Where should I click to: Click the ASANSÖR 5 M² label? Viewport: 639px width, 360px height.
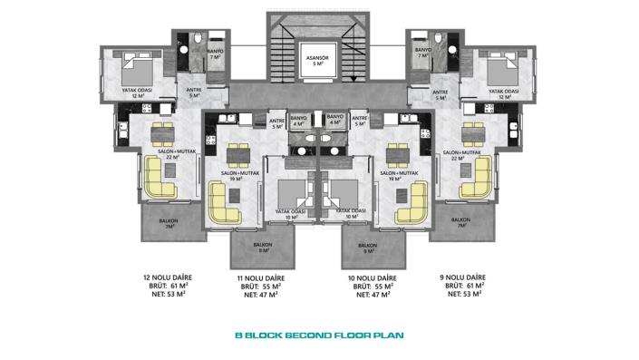pyautogui.click(x=318, y=60)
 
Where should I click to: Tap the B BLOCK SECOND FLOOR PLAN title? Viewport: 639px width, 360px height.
pyautogui.click(x=318, y=335)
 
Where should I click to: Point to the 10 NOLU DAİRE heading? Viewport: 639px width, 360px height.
pyautogui.click(x=373, y=277)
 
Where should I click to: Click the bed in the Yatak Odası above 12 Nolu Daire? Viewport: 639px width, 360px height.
pyautogui.click(x=135, y=71)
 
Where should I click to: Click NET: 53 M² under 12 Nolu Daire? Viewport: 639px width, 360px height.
pyautogui.click(x=167, y=294)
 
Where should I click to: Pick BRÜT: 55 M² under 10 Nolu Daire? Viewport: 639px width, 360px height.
pyautogui.click(x=373, y=286)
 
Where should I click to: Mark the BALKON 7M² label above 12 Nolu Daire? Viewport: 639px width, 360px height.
pyautogui.click(x=169, y=224)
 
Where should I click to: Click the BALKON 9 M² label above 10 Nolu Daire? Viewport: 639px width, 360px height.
pyautogui.click(x=367, y=248)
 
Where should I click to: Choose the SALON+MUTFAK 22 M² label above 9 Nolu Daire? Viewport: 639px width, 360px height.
pyautogui.click(x=461, y=154)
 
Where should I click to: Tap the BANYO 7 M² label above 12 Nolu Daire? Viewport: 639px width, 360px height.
pyautogui.click(x=217, y=54)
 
